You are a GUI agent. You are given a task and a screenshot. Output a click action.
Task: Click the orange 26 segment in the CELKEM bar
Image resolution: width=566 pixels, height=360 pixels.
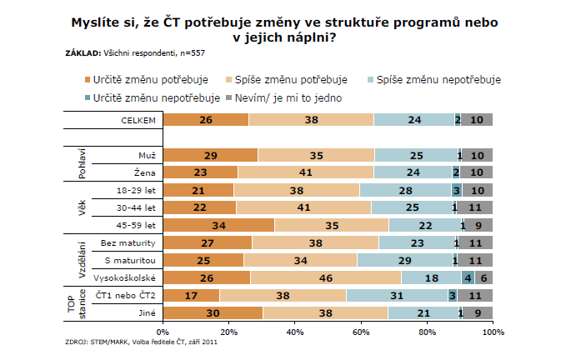(x=205, y=120)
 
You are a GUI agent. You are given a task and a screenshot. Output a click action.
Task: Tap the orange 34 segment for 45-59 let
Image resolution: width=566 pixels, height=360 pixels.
(x=218, y=225)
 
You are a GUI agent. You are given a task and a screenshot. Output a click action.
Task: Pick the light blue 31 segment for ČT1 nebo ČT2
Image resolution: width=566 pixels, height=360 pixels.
(x=396, y=294)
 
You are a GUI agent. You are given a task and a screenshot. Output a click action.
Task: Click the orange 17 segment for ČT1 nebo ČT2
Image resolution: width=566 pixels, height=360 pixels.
(x=191, y=294)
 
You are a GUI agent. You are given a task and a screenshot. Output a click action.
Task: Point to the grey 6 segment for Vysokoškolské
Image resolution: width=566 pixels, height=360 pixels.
(x=483, y=277)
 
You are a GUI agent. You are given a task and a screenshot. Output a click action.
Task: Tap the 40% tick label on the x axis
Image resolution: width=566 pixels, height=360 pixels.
(x=294, y=332)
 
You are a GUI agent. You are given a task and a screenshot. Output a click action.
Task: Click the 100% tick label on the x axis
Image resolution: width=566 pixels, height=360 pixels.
(x=493, y=332)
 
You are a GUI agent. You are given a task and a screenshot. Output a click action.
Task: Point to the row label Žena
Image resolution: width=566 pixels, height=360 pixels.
(x=148, y=172)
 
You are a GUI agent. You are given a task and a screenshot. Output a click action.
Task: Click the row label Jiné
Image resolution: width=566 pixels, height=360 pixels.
(x=148, y=312)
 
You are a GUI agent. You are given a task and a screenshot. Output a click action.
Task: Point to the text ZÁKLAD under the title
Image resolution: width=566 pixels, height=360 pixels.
(x=82, y=53)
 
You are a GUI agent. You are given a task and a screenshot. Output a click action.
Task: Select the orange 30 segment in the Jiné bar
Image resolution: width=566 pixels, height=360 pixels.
(x=212, y=312)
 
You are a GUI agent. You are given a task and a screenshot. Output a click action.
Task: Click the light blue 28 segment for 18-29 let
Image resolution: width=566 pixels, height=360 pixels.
(x=406, y=190)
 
